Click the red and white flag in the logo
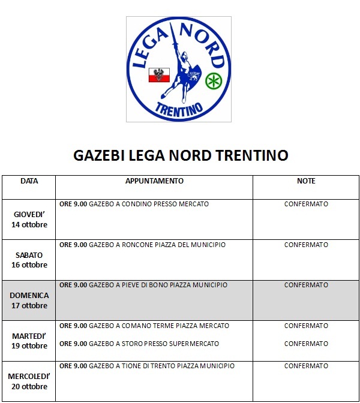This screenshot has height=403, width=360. coord(159,75)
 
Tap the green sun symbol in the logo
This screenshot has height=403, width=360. coord(212,80)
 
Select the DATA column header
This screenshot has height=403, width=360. coord(29,181)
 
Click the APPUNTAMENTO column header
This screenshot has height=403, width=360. coord(154,181)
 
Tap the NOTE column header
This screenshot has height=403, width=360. coord(306,181)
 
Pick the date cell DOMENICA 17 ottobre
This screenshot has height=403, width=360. coord(29,300)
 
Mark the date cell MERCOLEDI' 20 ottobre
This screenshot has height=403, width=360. coord(29,381)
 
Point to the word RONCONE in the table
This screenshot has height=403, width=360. coord(136,245)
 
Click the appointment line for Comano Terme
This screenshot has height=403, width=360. coord(144,326)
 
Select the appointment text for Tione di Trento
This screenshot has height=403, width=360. coord(147,366)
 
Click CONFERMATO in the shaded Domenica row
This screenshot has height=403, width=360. coord(306,285)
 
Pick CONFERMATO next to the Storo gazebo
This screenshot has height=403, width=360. coord(306,344)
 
